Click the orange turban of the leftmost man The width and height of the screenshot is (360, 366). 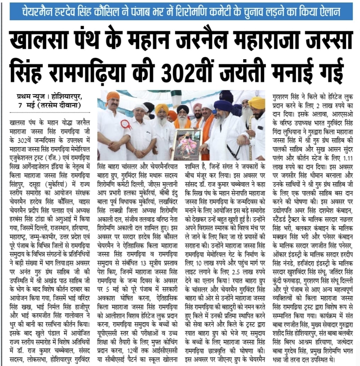pyautogui.click(x=113, y=96)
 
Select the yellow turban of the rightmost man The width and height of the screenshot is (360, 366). pyautogui.click(x=257, y=103)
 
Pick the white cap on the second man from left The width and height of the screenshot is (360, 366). pyautogui.click(x=140, y=107)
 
